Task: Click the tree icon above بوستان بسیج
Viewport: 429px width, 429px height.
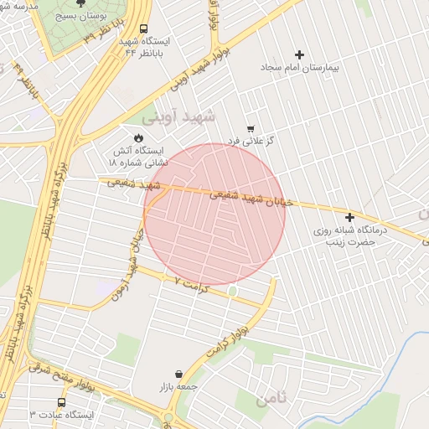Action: (80, 3)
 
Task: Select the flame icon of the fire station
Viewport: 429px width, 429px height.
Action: (138, 138)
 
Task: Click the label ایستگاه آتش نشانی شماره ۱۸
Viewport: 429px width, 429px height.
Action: (140, 156)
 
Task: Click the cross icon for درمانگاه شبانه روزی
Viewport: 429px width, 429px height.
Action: (349, 217)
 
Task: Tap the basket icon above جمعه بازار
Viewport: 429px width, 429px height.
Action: (178, 374)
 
